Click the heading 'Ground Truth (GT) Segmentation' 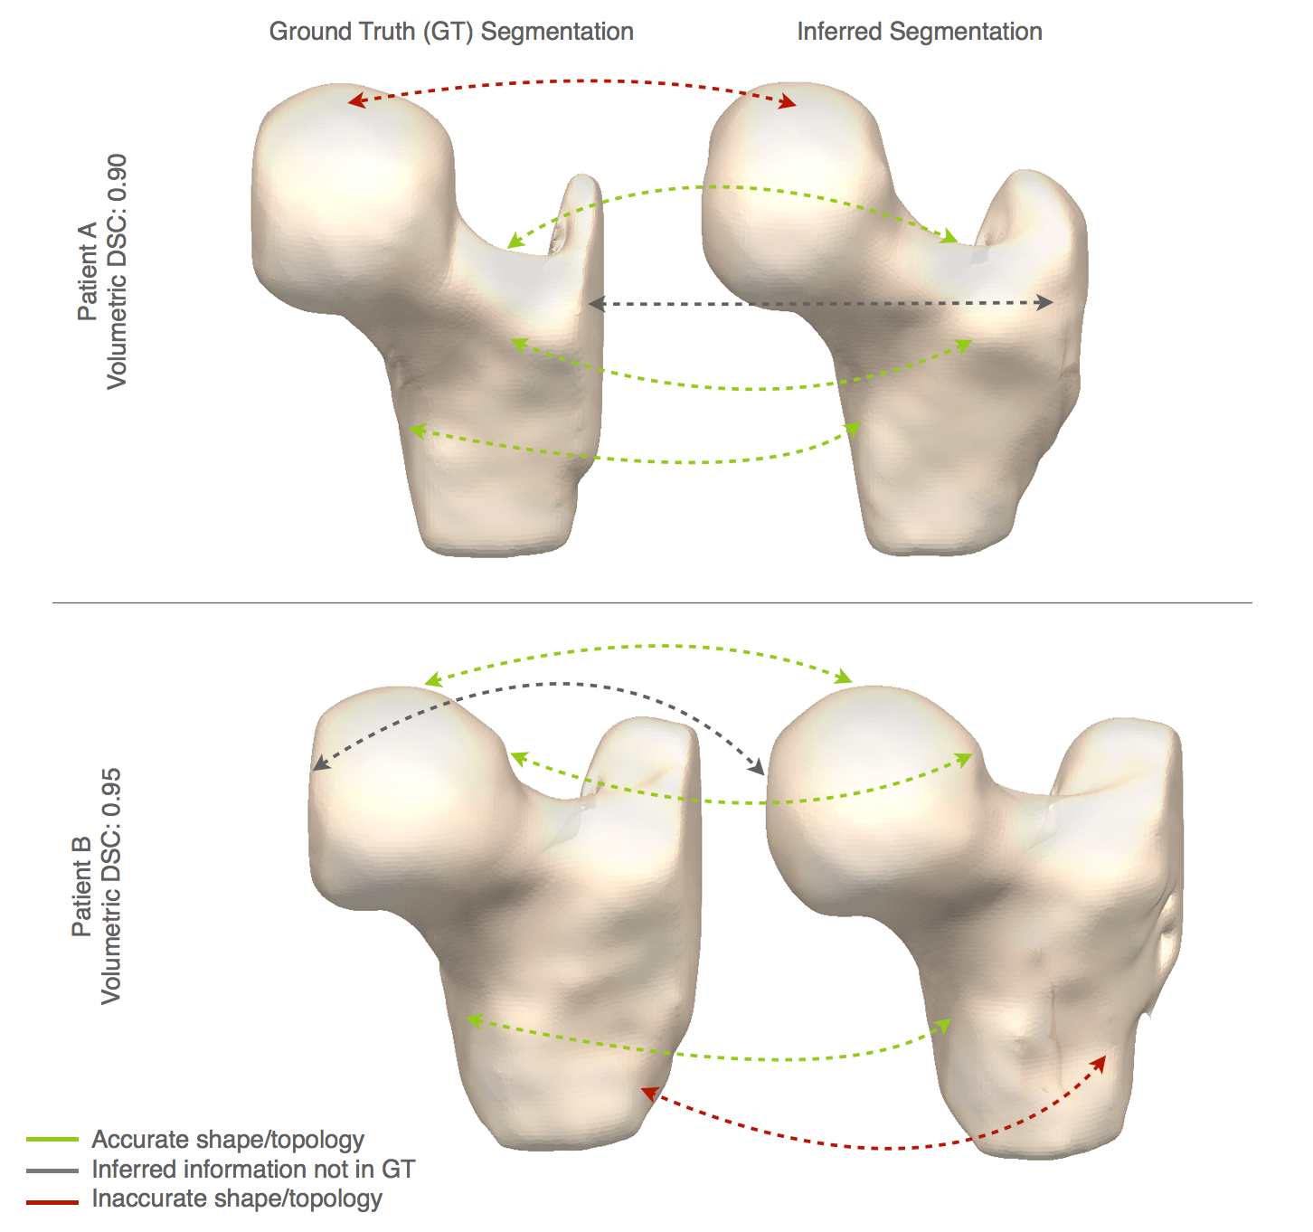coord(451,32)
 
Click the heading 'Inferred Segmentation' coord(919,32)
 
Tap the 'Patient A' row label coord(88,271)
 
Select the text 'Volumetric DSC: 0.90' coord(117,271)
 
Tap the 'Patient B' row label coord(81,886)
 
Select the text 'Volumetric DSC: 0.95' coord(110,886)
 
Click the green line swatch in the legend coord(52,1140)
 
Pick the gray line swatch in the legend coord(52,1170)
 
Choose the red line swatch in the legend coord(52,1200)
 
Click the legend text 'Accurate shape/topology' coord(228,1140)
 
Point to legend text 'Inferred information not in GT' coord(253,1170)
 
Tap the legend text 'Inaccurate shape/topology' coord(237,1199)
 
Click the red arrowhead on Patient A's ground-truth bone coord(356,101)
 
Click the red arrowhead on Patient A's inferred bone coord(788,103)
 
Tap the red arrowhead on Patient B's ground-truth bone coord(648,1094)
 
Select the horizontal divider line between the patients coord(651,602)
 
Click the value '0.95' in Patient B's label coord(110,787)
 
